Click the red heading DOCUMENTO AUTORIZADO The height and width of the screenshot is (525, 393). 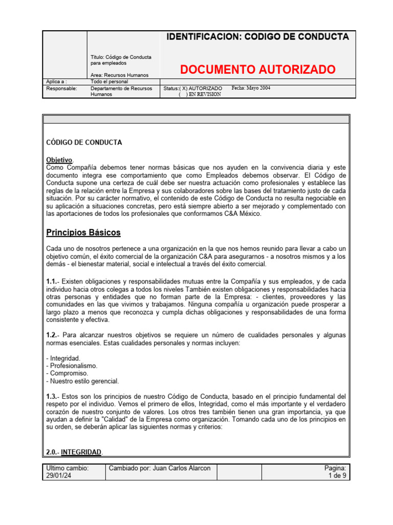tap(258, 69)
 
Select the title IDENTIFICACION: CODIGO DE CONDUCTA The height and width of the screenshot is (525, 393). tap(258, 37)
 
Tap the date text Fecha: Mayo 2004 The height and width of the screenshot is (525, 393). tap(251, 88)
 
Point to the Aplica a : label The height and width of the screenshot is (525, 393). tap(56, 82)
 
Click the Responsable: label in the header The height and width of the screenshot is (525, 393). tap(61, 88)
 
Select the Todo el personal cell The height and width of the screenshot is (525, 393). tap(109, 82)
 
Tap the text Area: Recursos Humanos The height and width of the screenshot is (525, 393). tap(119, 75)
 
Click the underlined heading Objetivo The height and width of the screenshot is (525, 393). tap(59, 160)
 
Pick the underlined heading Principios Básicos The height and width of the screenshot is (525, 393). tap(83, 233)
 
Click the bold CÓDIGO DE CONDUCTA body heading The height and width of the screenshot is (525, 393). tap(84, 143)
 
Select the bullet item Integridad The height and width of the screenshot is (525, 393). tap(63, 358)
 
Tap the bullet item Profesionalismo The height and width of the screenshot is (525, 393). tap(71, 366)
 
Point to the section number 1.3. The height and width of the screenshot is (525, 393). tap(52, 396)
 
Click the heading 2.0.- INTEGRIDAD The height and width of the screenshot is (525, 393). tap(74, 452)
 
